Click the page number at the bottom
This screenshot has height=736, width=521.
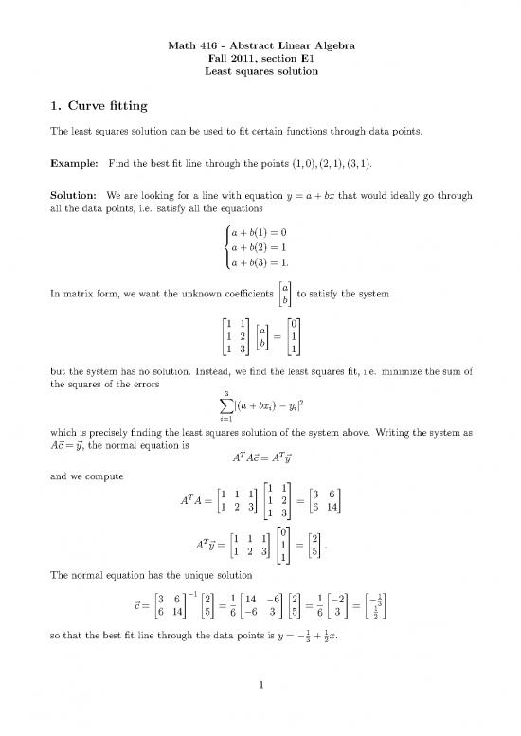260,711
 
